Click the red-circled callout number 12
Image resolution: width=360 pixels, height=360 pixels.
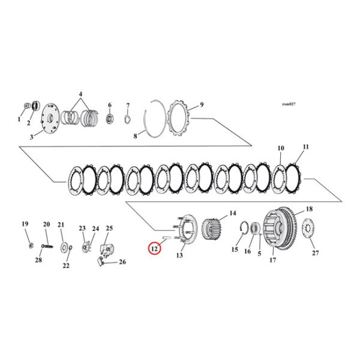coord(154,247)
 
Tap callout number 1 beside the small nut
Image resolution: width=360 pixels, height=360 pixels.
coord(19,119)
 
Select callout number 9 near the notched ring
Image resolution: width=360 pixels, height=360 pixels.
coord(202,105)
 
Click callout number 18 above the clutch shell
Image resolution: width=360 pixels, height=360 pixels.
coord(309,209)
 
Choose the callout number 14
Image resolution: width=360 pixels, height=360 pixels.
coord(232,214)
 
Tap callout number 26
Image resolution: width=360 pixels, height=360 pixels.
coord(122,262)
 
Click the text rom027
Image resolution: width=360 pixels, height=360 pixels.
coord(289,104)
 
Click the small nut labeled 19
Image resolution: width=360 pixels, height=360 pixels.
coord(30,245)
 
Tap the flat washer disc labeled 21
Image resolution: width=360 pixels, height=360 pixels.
coord(63,247)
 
